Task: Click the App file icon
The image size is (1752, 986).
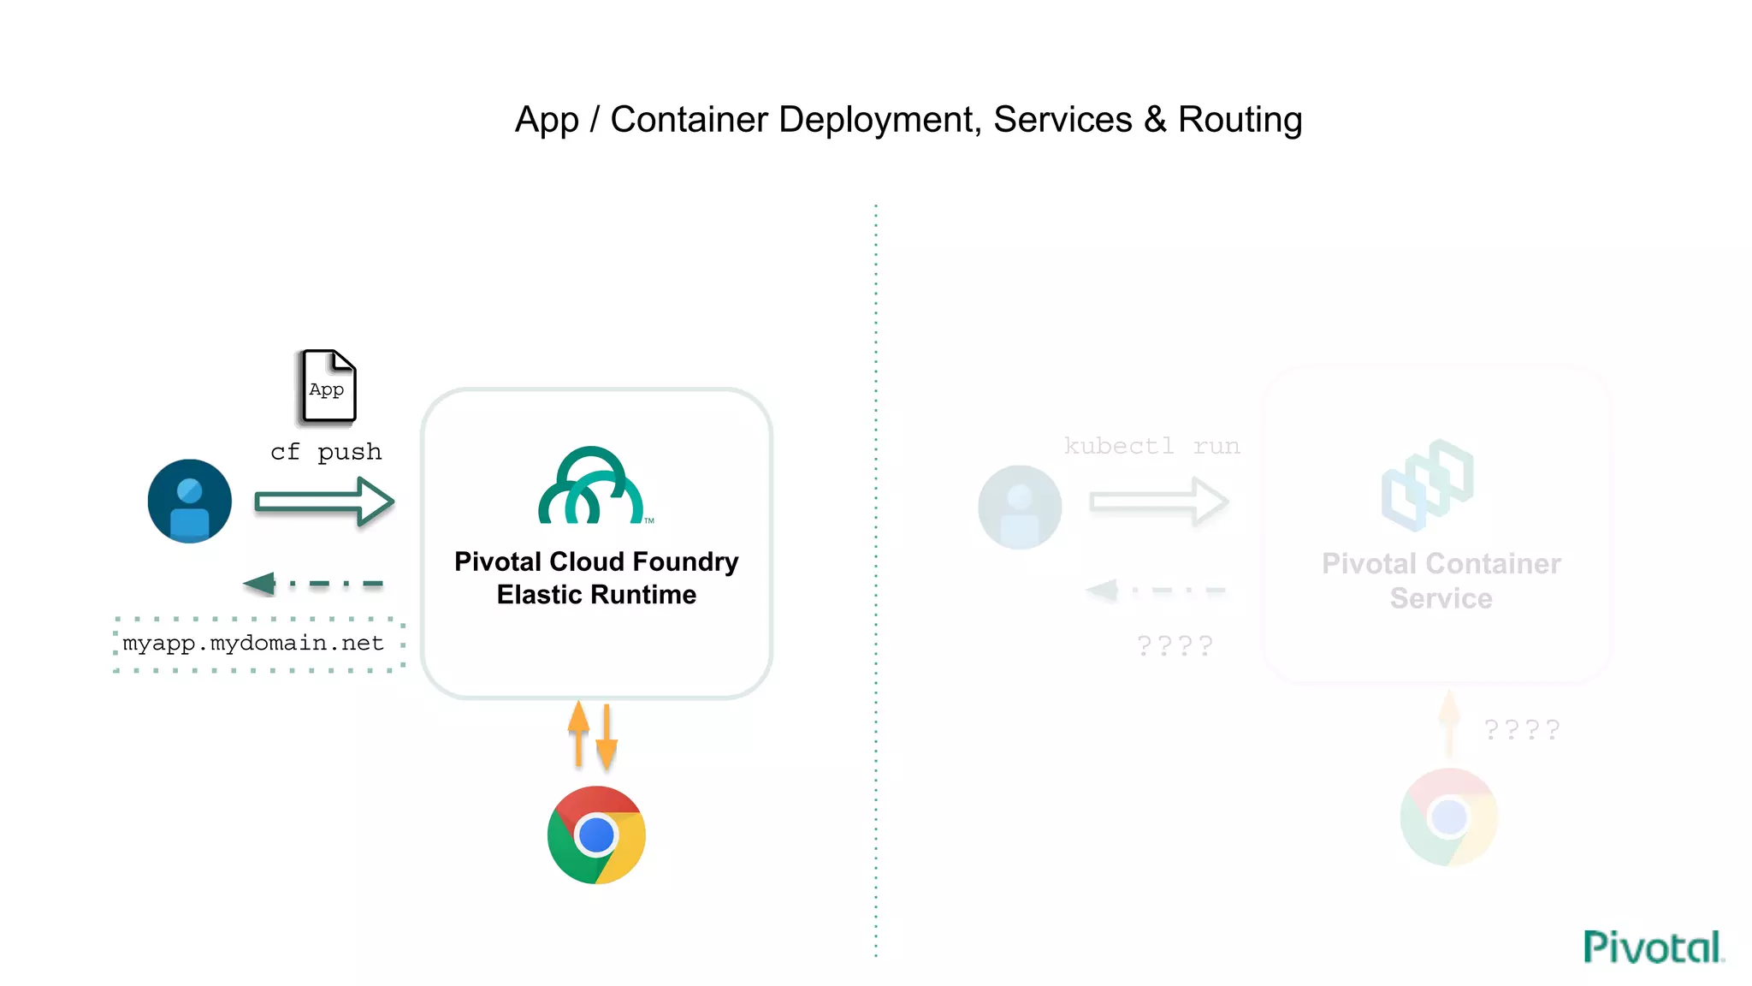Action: point(327,387)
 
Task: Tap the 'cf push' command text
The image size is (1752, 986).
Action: point(326,452)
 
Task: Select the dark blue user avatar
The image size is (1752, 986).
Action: point(189,502)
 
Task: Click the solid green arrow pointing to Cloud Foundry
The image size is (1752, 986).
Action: point(324,502)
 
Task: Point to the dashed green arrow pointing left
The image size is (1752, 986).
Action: point(313,584)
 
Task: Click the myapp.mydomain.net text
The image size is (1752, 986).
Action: point(253,643)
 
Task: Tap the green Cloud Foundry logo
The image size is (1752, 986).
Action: point(591,485)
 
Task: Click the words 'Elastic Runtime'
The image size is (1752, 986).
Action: point(596,595)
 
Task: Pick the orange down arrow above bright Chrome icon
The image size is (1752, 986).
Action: point(607,738)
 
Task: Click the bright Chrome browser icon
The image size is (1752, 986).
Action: point(596,835)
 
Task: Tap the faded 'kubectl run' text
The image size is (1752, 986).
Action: point(1151,446)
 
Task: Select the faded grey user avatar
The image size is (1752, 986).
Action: point(1020,507)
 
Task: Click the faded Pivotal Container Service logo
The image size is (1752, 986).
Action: point(1427,484)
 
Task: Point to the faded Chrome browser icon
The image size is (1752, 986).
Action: point(1448,817)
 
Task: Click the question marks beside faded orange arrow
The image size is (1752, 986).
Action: point(1522,730)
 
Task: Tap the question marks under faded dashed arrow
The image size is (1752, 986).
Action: point(1175,645)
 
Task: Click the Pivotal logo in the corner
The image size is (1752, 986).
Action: point(1652,947)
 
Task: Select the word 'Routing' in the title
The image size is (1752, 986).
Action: point(1240,120)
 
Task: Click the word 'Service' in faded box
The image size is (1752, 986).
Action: point(1441,598)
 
